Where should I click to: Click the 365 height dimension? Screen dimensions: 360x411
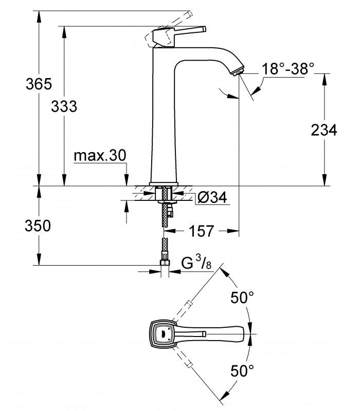[x=39, y=84]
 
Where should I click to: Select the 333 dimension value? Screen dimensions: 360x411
[x=64, y=106]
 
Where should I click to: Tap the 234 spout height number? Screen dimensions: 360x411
[x=324, y=130]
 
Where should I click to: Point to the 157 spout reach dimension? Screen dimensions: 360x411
[x=202, y=231]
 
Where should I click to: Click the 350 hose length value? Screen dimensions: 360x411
[x=38, y=226]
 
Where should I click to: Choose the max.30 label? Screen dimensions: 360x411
[x=100, y=156]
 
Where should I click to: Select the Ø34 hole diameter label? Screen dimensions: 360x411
[x=212, y=197]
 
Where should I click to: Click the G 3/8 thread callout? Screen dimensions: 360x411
[x=196, y=263]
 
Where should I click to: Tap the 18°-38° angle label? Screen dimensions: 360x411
[x=288, y=69]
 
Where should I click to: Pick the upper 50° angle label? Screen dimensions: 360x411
[x=242, y=297]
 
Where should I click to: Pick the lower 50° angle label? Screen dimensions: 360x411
[x=242, y=370]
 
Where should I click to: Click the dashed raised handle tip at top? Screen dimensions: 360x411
[x=189, y=14]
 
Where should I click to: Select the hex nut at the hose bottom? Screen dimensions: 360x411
[x=165, y=262]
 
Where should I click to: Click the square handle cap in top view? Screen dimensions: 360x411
[x=164, y=334]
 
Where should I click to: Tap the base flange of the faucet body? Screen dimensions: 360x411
[x=164, y=184]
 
